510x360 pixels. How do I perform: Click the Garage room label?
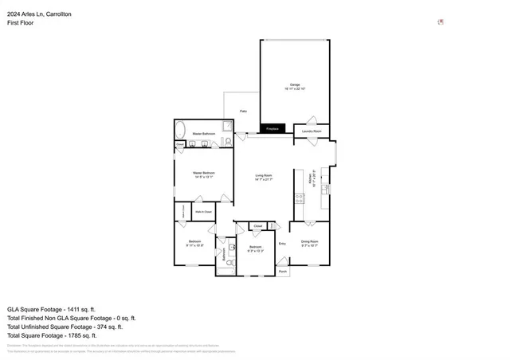pyautogui.click(x=294, y=87)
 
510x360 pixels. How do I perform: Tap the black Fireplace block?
pyautogui.click(x=272, y=127)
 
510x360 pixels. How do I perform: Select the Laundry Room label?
pyautogui.click(x=312, y=131)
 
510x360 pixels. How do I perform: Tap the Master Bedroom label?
pyautogui.click(x=203, y=174)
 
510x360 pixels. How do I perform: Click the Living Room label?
pyautogui.click(x=264, y=177)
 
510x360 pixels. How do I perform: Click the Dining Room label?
pyautogui.click(x=309, y=243)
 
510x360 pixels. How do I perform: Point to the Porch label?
pyautogui.click(x=283, y=272)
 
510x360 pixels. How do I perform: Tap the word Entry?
pyautogui.click(x=282, y=243)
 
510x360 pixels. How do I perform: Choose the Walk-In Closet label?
pyautogui.click(x=203, y=212)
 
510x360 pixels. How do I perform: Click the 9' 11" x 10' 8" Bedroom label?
pyautogui.click(x=195, y=243)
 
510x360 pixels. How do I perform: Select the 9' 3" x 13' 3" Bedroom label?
pyautogui.click(x=255, y=248)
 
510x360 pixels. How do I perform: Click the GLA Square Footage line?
pyautogui.click(x=52, y=308)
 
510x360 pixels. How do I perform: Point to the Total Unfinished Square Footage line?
pyautogui.click(x=65, y=327)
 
